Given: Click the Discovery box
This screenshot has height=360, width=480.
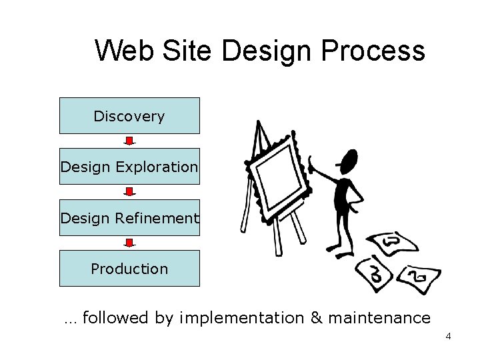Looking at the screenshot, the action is (129, 116).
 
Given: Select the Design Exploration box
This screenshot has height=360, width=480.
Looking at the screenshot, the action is (129, 167).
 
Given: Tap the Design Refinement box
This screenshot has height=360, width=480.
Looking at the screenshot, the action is (129, 217).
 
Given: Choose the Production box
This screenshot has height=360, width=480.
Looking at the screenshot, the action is (129, 269).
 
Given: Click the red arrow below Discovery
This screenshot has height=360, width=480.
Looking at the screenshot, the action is (130, 141).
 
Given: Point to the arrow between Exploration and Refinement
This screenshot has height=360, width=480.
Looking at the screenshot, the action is (130, 192).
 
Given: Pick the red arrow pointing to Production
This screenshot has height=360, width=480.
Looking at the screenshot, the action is (130, 243).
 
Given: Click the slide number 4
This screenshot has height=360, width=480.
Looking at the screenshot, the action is (448, 336).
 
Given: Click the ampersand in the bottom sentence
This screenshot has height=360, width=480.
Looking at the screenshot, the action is (316, 318).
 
